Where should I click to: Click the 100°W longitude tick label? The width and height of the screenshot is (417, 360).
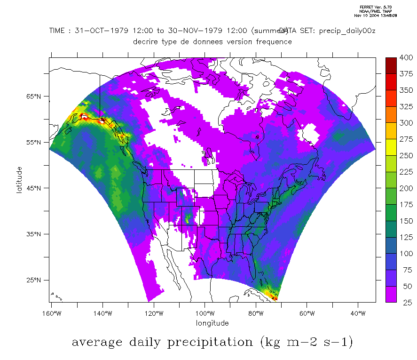(205, 313)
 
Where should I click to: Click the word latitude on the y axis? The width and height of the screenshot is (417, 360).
(19, 179)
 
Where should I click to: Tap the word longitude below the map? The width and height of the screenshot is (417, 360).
(212, 323)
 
